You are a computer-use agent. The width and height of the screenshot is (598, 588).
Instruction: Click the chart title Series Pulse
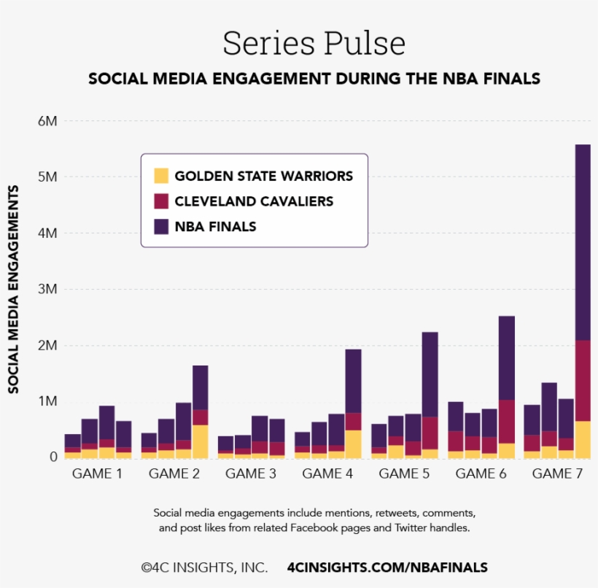click(x=314, y=43)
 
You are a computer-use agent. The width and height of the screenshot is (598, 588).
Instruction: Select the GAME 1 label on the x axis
click(x=97, y=473)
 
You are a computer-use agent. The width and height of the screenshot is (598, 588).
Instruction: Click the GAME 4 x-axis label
click(x=327, y=473)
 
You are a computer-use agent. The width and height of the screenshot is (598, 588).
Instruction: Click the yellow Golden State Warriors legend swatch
click(x=161, y=176)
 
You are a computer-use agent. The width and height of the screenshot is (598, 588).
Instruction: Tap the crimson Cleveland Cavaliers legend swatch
click(x=161, y=201)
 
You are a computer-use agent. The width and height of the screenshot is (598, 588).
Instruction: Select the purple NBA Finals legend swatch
click(x=161, y=226)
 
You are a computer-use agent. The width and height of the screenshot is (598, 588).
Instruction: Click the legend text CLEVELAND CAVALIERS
click(x=254, y=201)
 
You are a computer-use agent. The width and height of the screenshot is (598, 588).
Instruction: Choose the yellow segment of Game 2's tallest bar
click(x=200, y=441)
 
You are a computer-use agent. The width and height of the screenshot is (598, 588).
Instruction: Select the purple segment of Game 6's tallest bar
click(x=506, y=357)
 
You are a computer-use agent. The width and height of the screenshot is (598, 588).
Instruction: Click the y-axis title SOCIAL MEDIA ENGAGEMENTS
click(x=14, y=289)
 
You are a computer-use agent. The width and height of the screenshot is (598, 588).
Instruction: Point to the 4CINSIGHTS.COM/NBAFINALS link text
click(x=387, y=567)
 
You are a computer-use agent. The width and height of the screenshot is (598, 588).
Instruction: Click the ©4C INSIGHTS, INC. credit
click(x=203, y=567)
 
